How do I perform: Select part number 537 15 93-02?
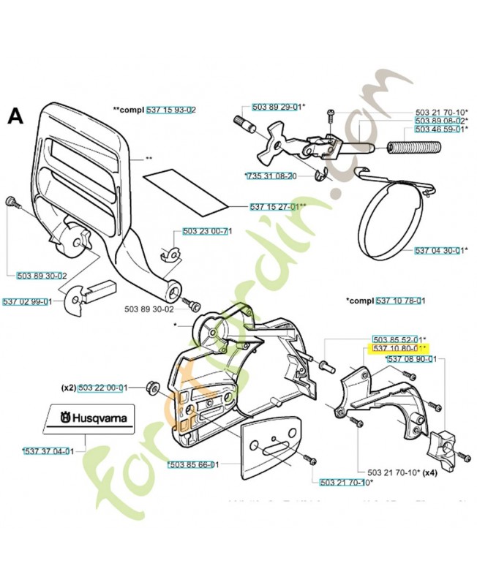[x=170, y=110]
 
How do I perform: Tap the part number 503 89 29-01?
[x=276, y=107]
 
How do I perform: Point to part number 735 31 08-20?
[x=271, y=176]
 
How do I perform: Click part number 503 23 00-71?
[x=206, y=231]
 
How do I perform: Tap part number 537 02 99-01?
[x=27, y=301]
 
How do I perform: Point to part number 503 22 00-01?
[x=102, y=388]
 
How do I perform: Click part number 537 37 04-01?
[x=49, y=451]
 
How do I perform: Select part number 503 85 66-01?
[x=192, y=464]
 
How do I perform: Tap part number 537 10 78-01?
[x=401, y=301]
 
